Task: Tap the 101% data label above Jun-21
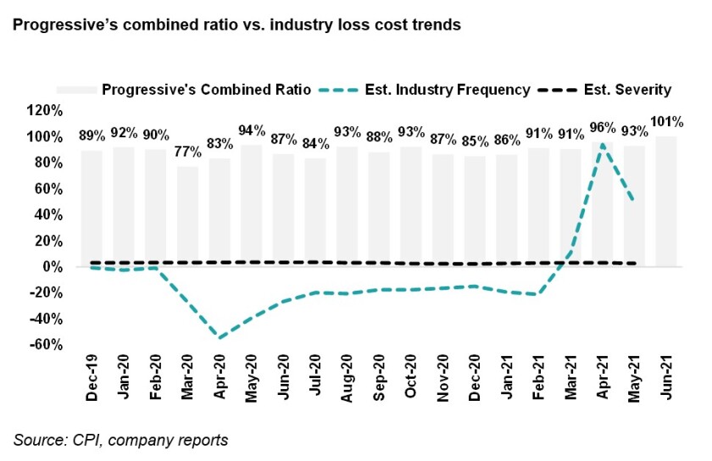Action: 666,120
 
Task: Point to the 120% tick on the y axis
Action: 44,110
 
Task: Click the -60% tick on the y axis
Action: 44,345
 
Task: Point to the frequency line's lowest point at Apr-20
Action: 220,338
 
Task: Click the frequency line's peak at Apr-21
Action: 603,144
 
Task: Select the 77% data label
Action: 188,153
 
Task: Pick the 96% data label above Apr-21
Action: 603,127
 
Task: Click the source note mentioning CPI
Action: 120,440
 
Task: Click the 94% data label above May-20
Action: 253,131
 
